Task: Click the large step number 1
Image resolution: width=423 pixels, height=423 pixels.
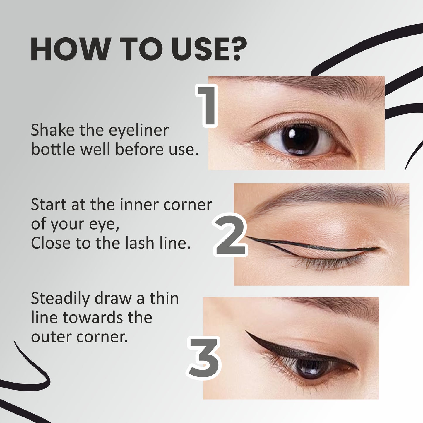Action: click(207, 106)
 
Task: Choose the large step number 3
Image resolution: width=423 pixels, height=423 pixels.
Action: click(204, 359)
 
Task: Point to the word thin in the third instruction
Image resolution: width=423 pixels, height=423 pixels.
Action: click(164, 299)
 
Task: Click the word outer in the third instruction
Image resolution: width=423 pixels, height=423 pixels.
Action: click(51, 337)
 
